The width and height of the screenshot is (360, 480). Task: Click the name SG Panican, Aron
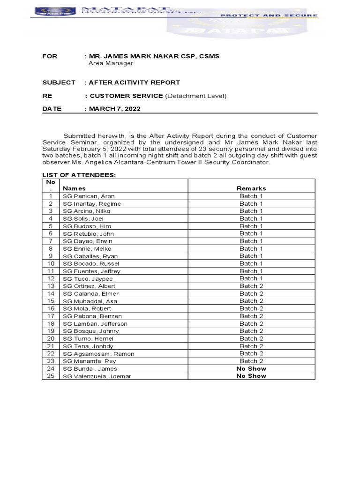89,196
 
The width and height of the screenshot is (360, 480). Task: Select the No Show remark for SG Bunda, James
251,368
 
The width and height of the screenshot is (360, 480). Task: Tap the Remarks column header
251,188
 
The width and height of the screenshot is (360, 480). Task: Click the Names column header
74,188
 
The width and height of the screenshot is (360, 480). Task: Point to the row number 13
51,286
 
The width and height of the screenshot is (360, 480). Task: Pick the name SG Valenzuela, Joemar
97,376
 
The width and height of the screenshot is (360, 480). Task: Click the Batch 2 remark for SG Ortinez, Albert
251,286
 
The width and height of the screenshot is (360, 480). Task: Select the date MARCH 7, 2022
115,109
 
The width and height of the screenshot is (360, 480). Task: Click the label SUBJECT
59,82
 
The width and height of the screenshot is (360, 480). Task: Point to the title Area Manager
111,63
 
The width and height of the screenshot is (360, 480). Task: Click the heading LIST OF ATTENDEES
79,175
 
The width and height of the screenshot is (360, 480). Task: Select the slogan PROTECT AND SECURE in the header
269,15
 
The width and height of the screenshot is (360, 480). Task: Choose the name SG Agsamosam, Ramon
98,354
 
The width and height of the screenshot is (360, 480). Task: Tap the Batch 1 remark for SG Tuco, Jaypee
251,278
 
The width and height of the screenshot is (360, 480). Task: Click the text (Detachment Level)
196,96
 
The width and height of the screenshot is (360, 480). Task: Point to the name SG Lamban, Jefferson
95,323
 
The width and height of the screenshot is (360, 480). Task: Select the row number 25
51,376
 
